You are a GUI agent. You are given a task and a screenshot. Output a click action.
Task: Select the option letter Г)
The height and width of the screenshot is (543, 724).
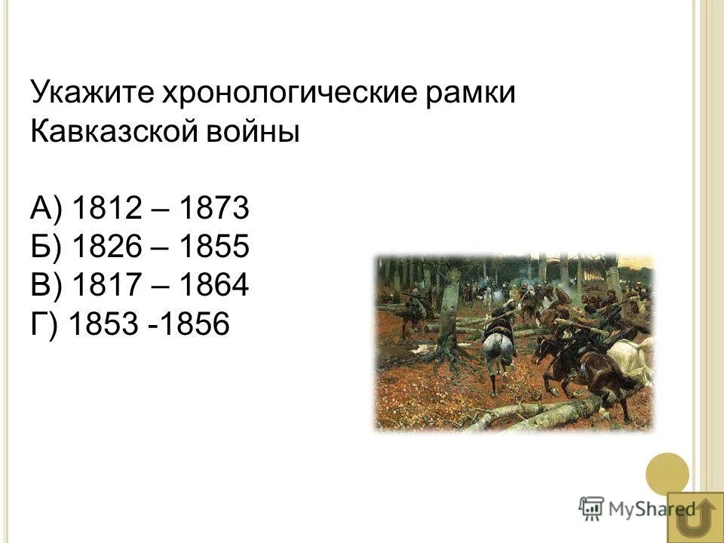point(44,325)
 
